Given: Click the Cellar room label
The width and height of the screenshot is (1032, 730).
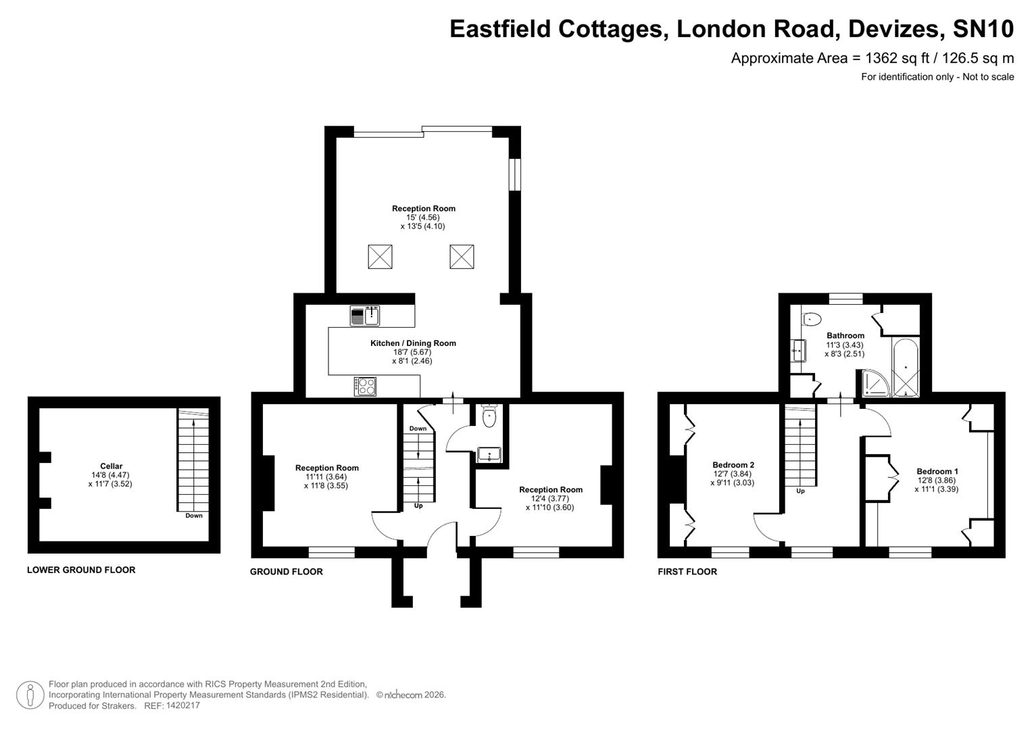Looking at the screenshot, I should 112,466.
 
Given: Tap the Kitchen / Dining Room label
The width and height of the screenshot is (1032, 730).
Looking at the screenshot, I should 413,343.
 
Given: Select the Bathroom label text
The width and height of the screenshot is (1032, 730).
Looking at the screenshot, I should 845,336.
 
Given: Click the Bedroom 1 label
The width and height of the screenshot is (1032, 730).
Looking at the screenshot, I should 937,472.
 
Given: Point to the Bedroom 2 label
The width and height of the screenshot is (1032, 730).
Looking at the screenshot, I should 733,465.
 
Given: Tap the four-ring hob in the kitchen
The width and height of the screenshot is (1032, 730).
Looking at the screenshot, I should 366,387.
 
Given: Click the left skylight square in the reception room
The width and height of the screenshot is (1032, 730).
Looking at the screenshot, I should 380,257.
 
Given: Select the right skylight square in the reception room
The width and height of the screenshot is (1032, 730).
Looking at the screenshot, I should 462,257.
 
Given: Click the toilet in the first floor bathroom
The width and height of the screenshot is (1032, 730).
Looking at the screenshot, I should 811,318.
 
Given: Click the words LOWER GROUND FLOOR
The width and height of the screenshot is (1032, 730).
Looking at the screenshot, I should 81,570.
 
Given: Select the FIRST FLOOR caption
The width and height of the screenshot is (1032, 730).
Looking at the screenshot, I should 687,572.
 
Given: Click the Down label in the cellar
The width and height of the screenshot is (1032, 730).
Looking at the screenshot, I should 194,516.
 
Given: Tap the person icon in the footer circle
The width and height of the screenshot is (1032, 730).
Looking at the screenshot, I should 30,695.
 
